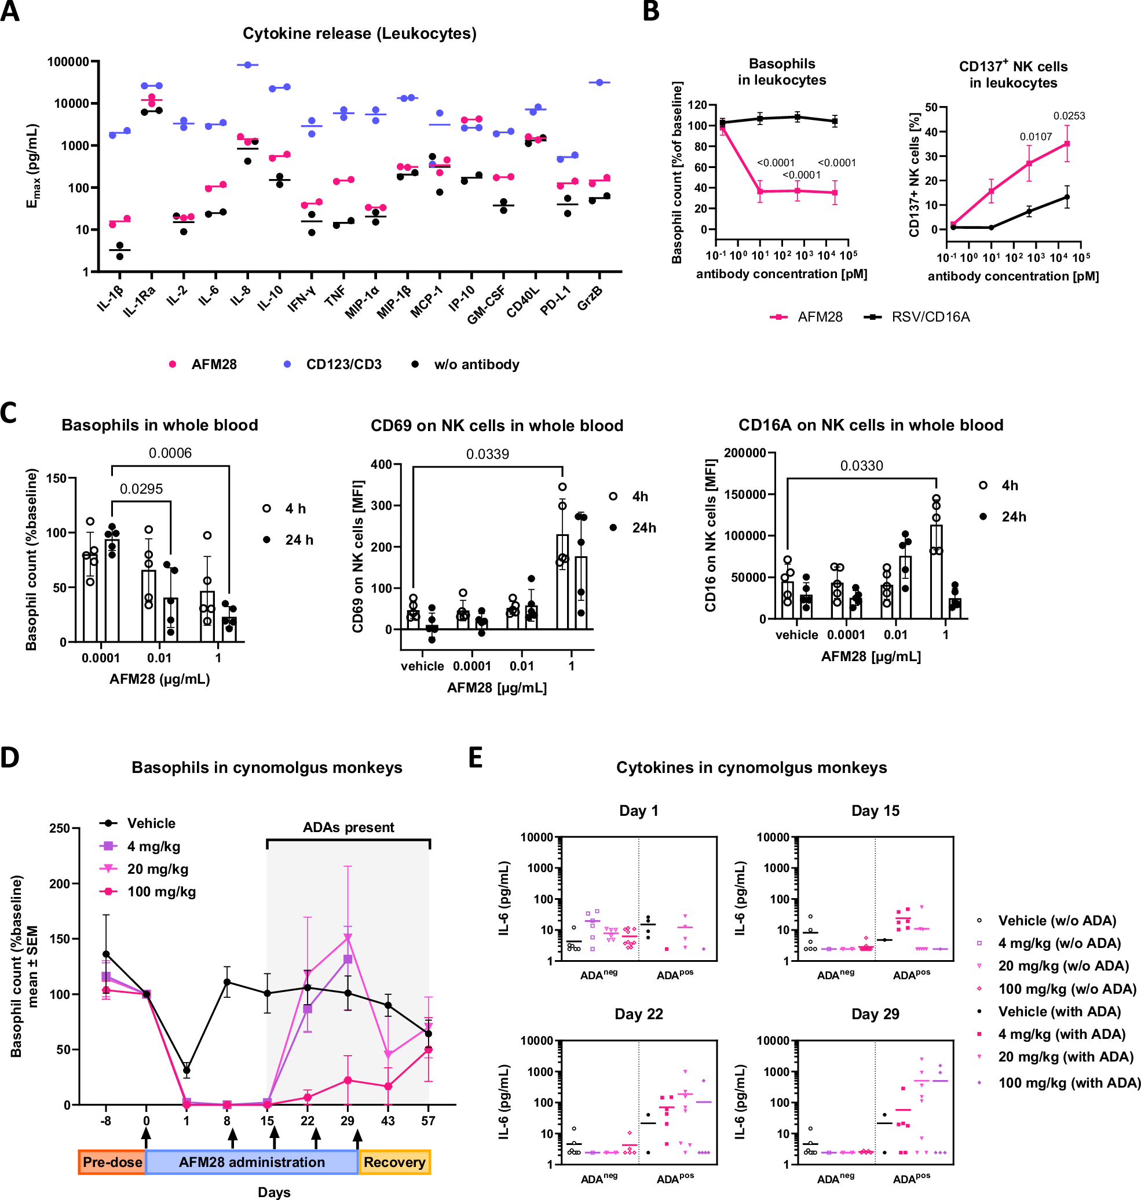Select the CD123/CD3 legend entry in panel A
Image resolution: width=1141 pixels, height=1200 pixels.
click(343, 364)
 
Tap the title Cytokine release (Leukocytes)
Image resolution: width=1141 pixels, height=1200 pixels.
click(360, 34)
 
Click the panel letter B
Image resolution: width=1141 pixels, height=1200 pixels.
click(651, 12)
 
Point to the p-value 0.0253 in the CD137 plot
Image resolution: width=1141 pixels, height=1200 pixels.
click(1069, 116)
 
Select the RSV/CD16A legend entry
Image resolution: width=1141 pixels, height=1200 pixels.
click(930, 317)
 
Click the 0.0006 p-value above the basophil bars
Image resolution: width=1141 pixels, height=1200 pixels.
click(170, 453)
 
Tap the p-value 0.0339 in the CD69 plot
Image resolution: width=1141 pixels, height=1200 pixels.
click(487, 454)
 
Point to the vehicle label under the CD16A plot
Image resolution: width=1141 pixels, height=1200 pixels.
click(796, 634)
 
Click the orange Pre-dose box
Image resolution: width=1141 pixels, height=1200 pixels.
click(112, 1162)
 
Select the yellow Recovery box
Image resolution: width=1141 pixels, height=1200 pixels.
click(394, 1162)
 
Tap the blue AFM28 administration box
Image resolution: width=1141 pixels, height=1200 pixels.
click(252, 1162)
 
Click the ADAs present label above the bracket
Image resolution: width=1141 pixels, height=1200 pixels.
click(349, 827)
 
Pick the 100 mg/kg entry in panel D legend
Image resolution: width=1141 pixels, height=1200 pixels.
click(161, 892)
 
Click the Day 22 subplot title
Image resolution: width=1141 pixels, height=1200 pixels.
click(638, 1014)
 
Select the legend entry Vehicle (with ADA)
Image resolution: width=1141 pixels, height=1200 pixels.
click(1059, 1011)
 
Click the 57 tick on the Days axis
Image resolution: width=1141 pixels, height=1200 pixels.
click(428, 1120)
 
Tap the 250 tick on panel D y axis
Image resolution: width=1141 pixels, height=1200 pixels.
click(59, 828)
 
